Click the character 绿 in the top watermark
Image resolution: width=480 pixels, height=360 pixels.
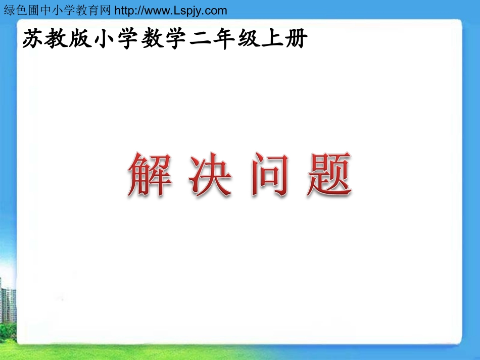point(9,10)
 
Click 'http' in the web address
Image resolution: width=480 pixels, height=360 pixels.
point(125,10)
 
